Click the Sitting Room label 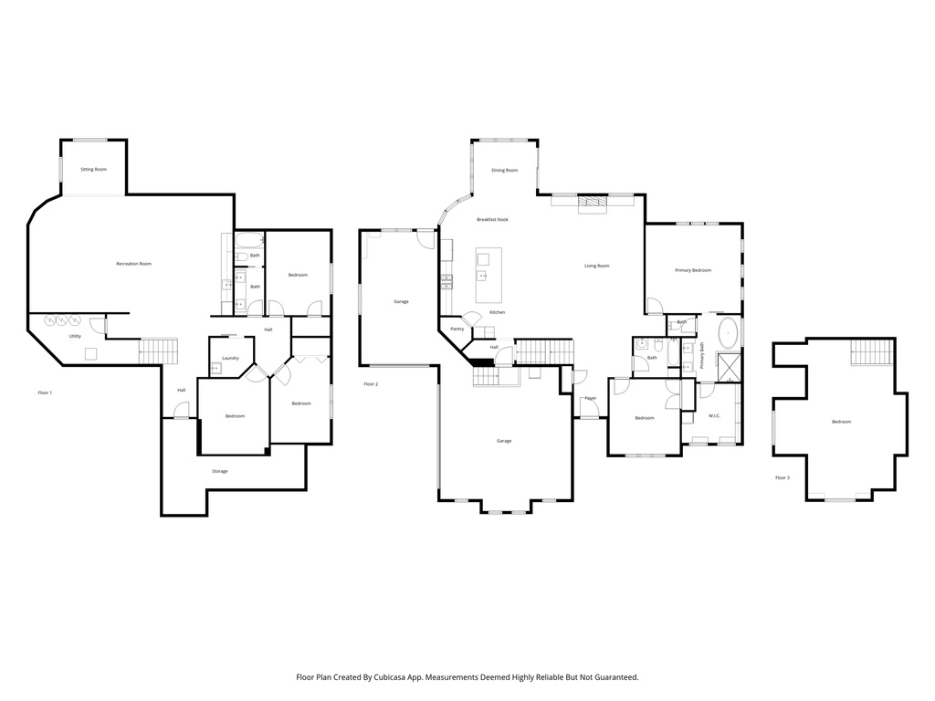tap(93, 169)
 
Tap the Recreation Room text tap(133, 264)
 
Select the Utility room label tap(75, 336)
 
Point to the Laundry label tap(230, 358)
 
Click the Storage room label tap(219, 471)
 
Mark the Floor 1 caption tap(45, 392)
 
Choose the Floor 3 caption tap(783, 477)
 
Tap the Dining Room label tap(504, 170)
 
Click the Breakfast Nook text tap(492, 219)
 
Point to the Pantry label tap(457, 329)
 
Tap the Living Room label tap(596, 266)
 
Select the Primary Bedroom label tap(692, 270)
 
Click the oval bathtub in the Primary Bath tap(729, 333)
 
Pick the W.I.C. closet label tap(714, 415)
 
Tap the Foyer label tap(591, 398)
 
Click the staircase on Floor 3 tap(872, 351)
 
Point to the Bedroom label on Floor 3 tap(840, 421)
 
